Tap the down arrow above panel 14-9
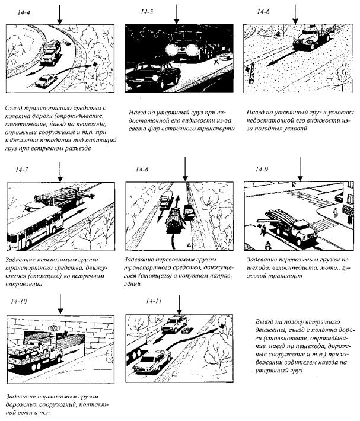(x=301, y=172)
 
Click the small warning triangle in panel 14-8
(x=187, y=244)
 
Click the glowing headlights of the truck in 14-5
(x=178, y=49)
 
